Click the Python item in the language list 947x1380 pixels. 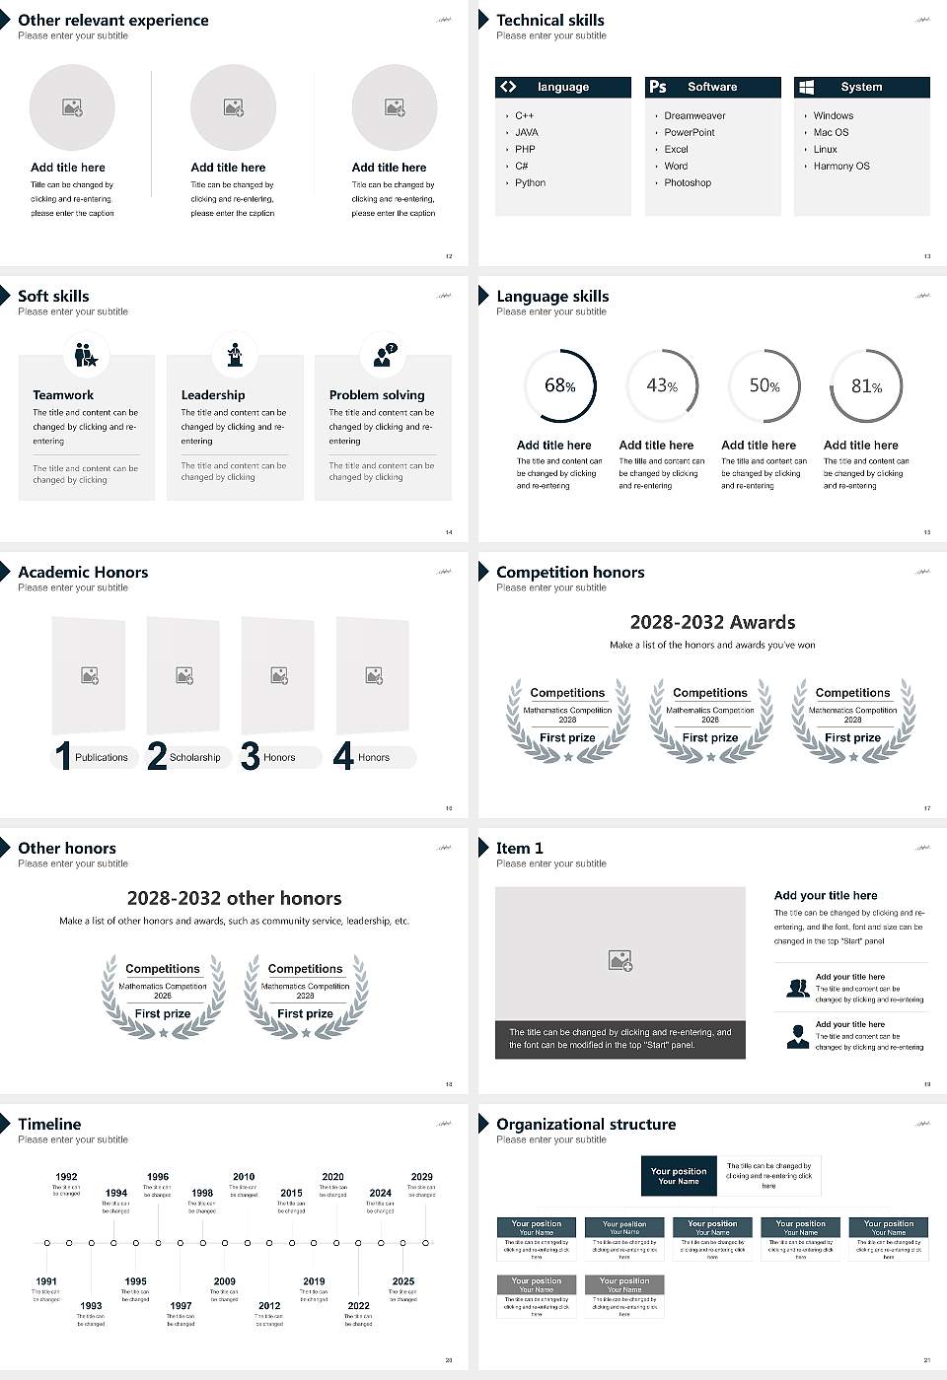(x=530, y=183)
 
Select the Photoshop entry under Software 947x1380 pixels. (x=688, y=183)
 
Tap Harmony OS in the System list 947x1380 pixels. (x=841, y=167)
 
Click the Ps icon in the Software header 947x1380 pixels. (x=658, y=87)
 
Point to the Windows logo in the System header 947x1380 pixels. (x=806, y=87)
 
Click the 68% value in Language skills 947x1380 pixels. (x=559, y=385)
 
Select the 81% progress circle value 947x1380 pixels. (x=866, y=386)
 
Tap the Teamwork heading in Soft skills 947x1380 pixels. (x=63, y=395)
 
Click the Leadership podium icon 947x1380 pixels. (x=235, y=354)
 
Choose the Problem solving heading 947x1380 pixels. (x=377, y=395)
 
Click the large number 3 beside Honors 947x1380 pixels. (x=251, y=756)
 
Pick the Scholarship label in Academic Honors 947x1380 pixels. (x=195, y=758)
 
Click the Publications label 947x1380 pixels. (x=102, y=758)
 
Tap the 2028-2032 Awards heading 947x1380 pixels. (x=712, y=622)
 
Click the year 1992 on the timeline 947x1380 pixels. (x=66, y=1177)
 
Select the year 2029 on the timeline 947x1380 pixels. (x=421, y=1177)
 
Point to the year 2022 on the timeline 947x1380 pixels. (x=358, y=1306)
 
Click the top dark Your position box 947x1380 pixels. (x=679, y=1176)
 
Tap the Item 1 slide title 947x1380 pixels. (x=519, y=848)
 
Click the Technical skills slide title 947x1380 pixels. (x=550, y=20)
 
